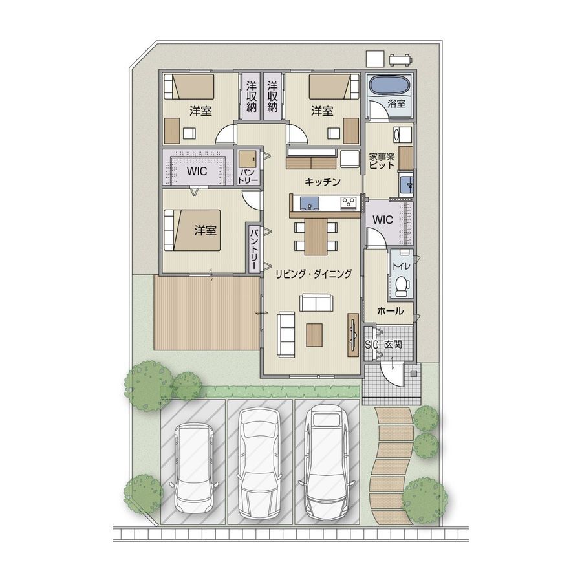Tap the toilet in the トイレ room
point(401,286)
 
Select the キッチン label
point(323,182)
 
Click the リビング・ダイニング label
point(314,274)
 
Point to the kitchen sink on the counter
point(309,204)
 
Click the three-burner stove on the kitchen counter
point(349,202)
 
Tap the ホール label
point(390,310)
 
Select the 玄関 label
point(393,345)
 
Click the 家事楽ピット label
point(382,161)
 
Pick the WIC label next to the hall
point(382,220)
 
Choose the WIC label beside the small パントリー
point(197,171)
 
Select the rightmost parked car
point(325,462)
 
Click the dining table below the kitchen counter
point(316,237)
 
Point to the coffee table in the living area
point(314,335)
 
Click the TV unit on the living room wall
point(353,335)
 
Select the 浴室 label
point(396,103)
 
